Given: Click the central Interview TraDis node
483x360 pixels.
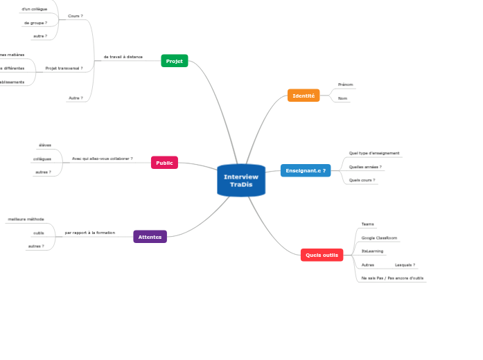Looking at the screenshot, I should pyautogui.click(x=241, y=181).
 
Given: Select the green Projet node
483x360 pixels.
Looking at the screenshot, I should pyautogui.click(x=175, y=61).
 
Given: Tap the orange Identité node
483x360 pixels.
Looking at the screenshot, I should pyautogui.click(x=304, y=96).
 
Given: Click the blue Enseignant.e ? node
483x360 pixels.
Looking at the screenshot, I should pyautogui.click(x=306, y=170).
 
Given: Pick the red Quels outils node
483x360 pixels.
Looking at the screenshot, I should pyautogui.click(x=322, y=255).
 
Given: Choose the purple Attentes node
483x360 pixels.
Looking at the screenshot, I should pyautogui.click(x=150, y=237).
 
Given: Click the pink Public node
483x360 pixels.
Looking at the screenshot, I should pyautogui.click(x=164, y=163).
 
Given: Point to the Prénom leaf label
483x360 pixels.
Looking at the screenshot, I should pyautogui.click(x=345, y=84).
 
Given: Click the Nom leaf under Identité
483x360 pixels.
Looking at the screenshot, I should pyautogui.click(x=342, y=98).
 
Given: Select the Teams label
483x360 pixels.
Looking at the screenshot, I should pyautogui.click(x=368, y=224).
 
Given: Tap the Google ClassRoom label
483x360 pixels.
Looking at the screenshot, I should pyautogui.click(x=380, y=237).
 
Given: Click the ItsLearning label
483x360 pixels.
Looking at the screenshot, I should pyautogui.click(x=372, y=251).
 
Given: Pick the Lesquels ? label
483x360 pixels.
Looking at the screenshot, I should pyautogui.click(x=405, y=264).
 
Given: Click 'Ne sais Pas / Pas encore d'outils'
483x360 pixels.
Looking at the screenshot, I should pyautogui.click(x=392, y=278).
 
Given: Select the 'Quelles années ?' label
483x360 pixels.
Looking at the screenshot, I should pyautogui.click(x=365, y=167).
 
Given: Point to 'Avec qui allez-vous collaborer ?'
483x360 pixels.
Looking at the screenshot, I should pyautogui.click(x=103, y=159).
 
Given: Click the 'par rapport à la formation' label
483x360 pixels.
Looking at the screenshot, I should pyautogui.click(x=90, y=233).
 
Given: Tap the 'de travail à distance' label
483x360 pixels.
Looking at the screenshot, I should pyautogui.click(x=123, y=57).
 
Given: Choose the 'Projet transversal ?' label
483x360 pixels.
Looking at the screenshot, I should pyautogui.click(x=64, y=69).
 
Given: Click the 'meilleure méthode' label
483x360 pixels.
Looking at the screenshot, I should pyautogui.click(x=26, y=219).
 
